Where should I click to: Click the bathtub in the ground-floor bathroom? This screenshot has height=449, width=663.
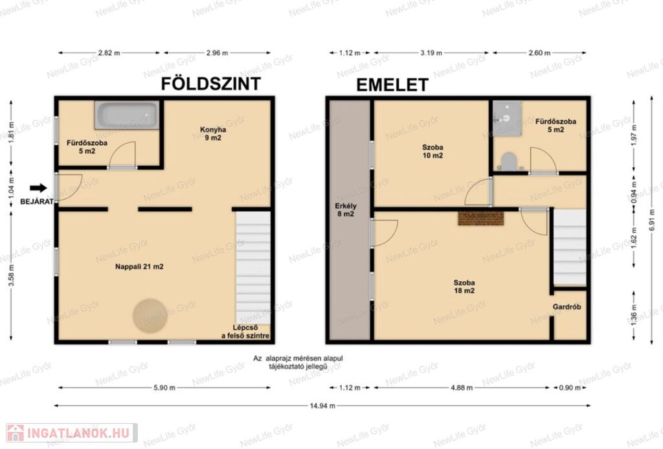coord(127,115)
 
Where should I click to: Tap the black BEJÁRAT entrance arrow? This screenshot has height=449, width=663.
coord(38,188)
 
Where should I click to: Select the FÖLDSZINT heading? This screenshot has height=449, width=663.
coord(210,84)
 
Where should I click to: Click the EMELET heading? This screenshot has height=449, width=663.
coord(392,85)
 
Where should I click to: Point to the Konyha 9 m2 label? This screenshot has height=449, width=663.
coord(213,133)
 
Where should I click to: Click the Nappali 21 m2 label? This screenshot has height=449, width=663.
coord(139,266)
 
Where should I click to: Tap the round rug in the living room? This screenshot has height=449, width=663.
coord(150,316)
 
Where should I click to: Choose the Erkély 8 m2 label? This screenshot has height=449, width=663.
coord(346,210)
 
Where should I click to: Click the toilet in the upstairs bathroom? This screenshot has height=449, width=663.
coord(507,162)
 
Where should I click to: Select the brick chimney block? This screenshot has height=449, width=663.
coord(481,218)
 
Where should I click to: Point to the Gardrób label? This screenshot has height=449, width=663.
coord(567,307)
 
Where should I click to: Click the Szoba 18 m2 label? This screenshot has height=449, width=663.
coord(464,286)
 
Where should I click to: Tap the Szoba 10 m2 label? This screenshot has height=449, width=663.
coord(433,151)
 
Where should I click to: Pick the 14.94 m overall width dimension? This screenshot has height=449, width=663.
coord(322,406)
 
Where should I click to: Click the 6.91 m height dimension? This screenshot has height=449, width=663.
coord(651,220)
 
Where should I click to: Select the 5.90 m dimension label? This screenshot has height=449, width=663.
coord(164,387)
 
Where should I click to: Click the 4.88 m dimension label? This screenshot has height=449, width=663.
coord(462,387)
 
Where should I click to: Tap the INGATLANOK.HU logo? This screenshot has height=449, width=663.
coord(72,433)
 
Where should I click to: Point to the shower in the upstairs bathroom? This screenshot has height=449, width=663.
coord(507,118)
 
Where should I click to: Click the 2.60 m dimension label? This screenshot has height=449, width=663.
coord(539,53)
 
